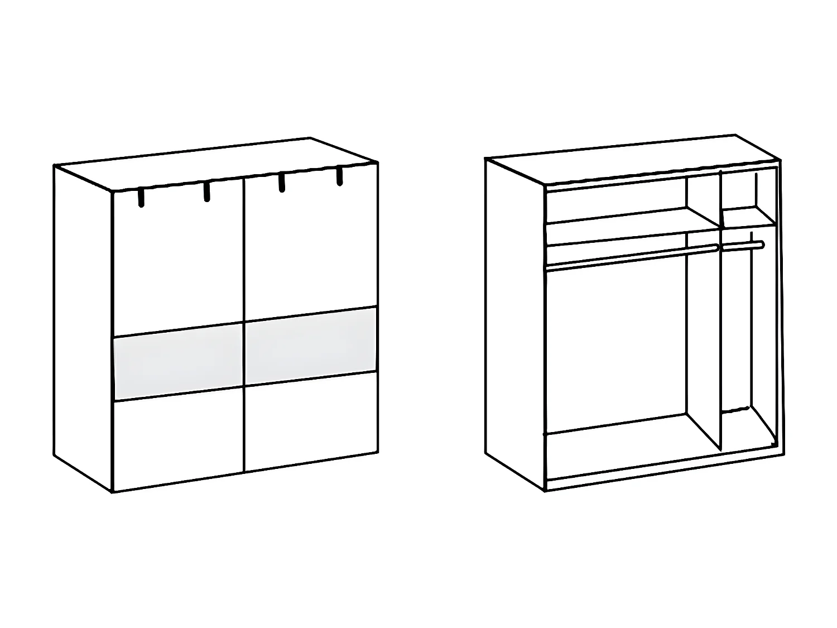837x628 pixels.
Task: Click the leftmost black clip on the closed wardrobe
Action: coord(141,198)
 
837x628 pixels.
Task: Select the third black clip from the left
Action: coord(282,183)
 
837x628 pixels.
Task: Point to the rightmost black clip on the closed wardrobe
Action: coord(339,175)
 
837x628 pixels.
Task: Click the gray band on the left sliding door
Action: coord(178,361)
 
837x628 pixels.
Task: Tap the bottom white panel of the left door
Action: coord(178,439)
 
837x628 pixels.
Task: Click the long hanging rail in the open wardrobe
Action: coord(631,258)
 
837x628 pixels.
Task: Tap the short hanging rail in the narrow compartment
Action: coord(742,245)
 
